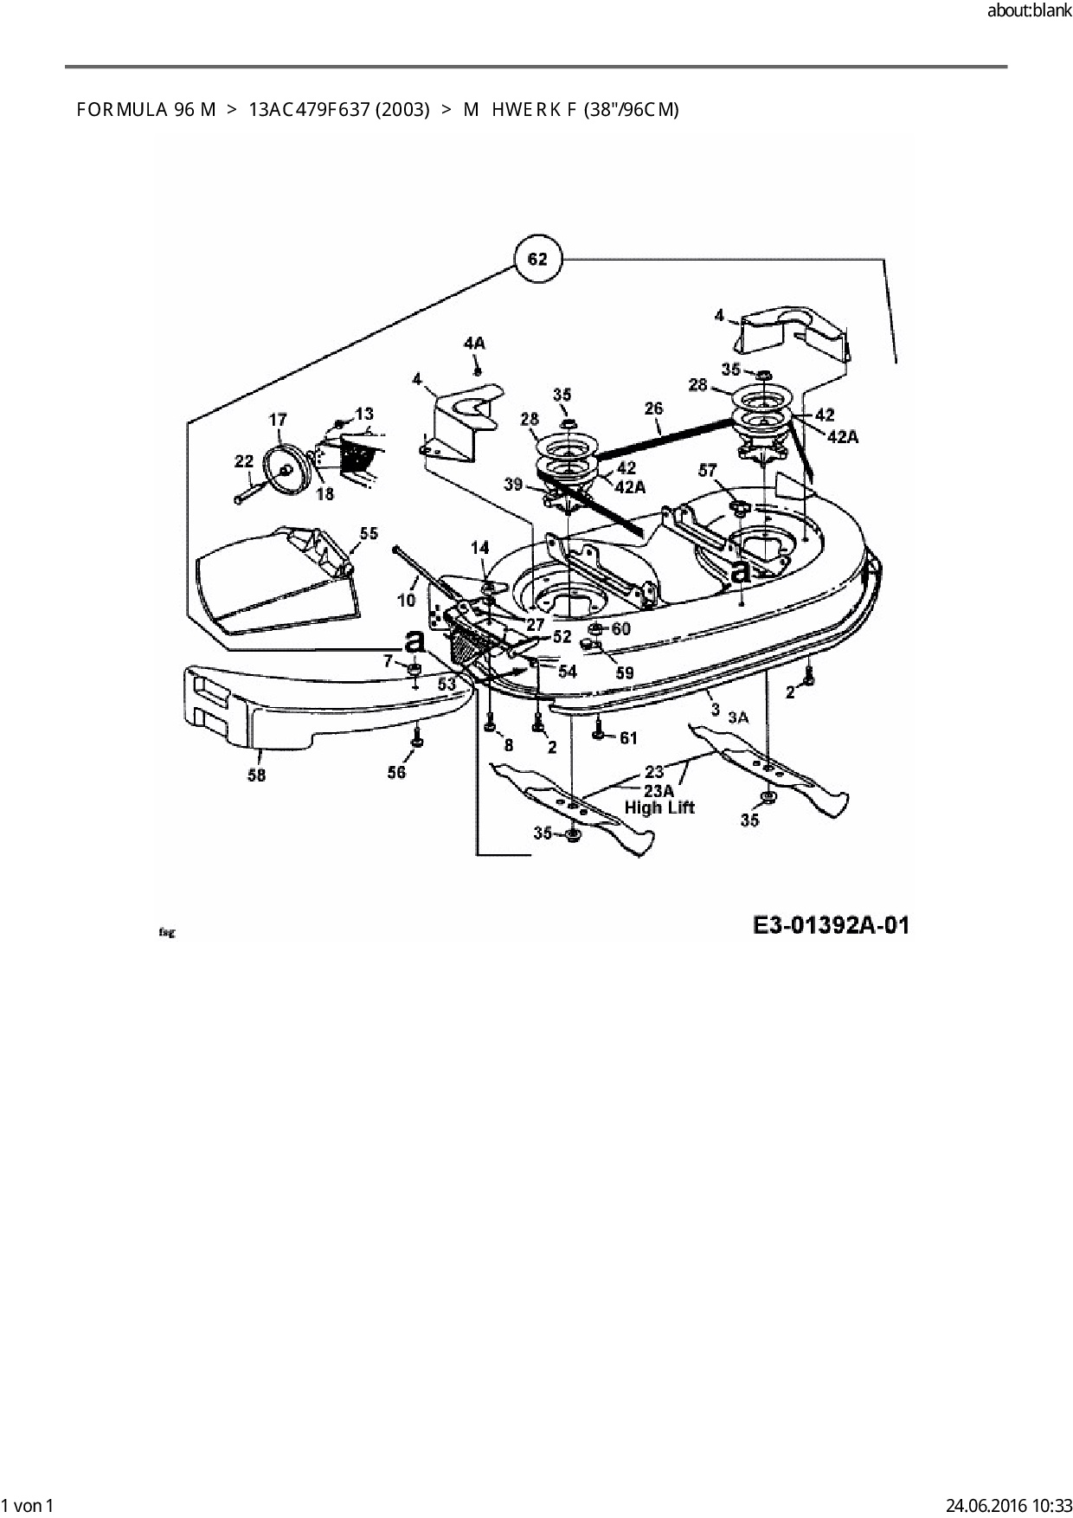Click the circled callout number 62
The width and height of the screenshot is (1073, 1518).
pos(536,259)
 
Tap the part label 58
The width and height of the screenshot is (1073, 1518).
pos(257,775)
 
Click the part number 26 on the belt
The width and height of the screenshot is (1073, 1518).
pos(654,407)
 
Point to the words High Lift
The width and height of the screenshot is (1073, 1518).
pos(659,807)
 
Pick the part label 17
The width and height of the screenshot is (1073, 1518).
pos(278,420)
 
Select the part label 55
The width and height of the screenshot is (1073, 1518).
pos(369,533)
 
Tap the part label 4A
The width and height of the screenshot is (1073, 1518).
pos(474,344)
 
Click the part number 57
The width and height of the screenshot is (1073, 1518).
pos(708,470)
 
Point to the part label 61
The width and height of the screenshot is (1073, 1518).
pos(627,737)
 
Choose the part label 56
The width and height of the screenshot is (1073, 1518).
pos(396,772)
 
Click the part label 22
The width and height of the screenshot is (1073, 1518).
pos(244,462)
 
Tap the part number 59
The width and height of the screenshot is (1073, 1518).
pos(624,672)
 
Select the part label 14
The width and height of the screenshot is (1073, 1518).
pos(479,547)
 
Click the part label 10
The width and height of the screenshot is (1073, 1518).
pos(407,599)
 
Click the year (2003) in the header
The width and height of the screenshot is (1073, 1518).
pos(402,110)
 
